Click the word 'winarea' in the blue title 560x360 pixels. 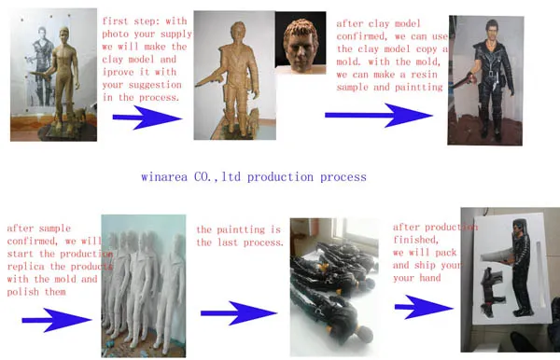pyautogui.click(x=164, y=177)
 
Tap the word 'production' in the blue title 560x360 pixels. pyautogui.click(x=280, y=177)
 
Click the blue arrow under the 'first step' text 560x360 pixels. pyautogui.click(x=147, y=117)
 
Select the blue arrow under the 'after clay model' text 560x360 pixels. pyautogui.click(x=379, y=116)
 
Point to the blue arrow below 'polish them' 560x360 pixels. pyautogui.click(x=57, y=320)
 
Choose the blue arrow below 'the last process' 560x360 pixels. pyautogui.click(x=239, y=313)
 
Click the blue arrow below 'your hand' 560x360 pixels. pyautogui.click(x=424, y=307)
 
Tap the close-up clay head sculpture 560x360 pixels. pyautogui.click(x=301, y=45)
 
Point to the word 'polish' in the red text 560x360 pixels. pyautogui.click(x=23, y=292)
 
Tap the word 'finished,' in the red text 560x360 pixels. pyautogui.click(x=415, y=240)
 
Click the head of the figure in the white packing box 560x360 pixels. pyautogui.click(x=520, y=226)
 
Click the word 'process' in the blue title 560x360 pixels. pyautogui.click(x=343, y=178)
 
